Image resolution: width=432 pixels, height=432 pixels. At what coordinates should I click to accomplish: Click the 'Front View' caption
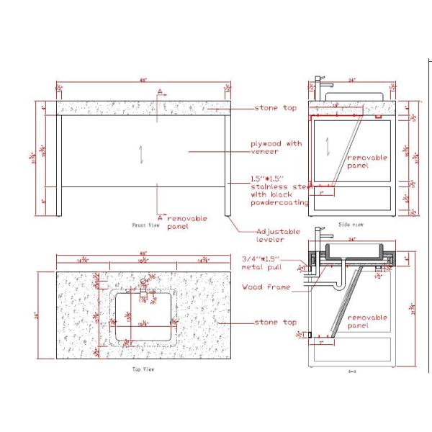point(145,225)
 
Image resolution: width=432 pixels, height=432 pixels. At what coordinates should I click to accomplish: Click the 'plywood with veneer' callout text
point(276,148)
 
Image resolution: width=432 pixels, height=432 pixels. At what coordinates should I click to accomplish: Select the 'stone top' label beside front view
point(275,108)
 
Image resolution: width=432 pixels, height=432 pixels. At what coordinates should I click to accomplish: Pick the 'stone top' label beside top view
point(275,323)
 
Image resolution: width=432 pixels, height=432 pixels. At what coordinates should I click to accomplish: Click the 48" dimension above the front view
point(143,80)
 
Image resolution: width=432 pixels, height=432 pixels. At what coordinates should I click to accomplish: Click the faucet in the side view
point(318,87)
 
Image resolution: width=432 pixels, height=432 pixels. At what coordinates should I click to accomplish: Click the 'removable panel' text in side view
point(367,161)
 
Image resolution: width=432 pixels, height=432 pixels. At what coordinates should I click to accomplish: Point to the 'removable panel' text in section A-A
point(367,320)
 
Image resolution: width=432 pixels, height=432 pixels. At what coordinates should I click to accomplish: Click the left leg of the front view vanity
point(59,165)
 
